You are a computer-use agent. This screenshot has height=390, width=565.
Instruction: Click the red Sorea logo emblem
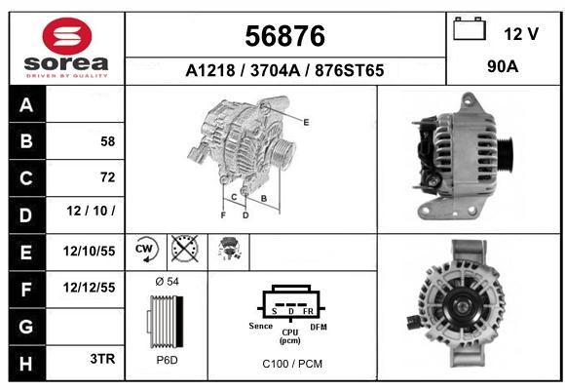click(x=67, y=36)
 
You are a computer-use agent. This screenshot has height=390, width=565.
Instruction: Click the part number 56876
click(x=285, y=36)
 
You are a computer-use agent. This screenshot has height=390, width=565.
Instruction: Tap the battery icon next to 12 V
click(x=470, y=28)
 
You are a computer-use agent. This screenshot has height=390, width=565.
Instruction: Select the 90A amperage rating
click(x=503, y=66)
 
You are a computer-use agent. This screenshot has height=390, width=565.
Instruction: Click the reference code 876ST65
click(x=349, y=70)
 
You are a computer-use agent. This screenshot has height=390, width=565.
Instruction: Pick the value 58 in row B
click(x=108, y=141)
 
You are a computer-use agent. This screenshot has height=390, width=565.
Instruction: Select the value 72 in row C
click(x=108, y=177)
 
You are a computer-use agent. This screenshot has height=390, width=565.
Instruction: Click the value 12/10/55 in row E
click(x=89, y=252)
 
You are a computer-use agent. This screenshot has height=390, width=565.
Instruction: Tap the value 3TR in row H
click(x=102, y=359)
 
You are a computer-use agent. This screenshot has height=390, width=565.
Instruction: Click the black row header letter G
click(x=26, y=327)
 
